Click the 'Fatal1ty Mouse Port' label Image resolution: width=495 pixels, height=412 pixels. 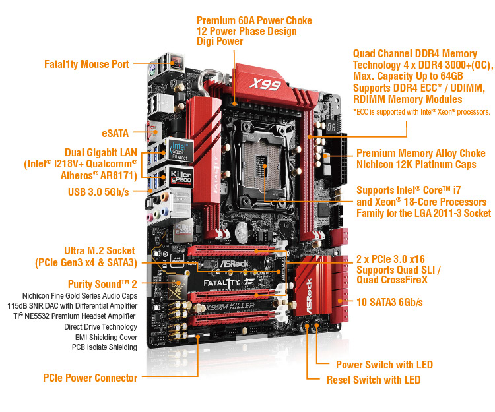(86, 65)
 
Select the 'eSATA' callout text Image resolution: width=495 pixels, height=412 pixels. (115, 133)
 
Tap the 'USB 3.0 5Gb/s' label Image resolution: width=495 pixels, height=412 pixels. (98, 192)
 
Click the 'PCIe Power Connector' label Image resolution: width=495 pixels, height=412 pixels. (90, 378)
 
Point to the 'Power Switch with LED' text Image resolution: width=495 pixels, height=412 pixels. (384, 365)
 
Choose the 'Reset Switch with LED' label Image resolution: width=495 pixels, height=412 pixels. (374, 380)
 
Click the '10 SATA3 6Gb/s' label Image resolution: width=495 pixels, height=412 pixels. (389, 303)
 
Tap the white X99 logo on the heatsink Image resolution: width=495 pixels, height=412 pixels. (265, 84)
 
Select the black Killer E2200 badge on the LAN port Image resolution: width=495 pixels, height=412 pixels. (181, 177)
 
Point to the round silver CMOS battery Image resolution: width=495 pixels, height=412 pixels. (242, 231)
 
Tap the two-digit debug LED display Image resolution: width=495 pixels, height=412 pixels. (331, 127)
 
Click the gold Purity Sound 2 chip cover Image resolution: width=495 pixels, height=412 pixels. (177, 287)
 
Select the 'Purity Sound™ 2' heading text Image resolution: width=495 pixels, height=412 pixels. (102, 284)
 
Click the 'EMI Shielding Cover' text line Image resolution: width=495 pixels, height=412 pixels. (106, 338)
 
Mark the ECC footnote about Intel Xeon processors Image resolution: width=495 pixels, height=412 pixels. (422, 112)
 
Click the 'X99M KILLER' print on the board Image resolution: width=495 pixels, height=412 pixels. (230, 306)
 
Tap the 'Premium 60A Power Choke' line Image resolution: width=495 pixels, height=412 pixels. (254, 21)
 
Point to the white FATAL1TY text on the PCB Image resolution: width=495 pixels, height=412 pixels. (221, 283)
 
